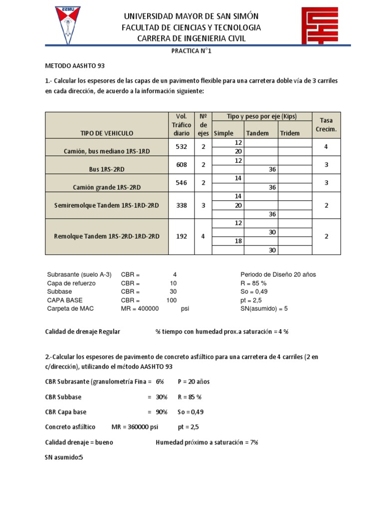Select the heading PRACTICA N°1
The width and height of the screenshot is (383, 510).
(191, 52)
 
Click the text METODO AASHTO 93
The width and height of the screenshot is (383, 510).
(75, 66)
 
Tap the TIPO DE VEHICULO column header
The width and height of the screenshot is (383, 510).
(107, 133)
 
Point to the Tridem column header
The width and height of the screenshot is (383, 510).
(290, 133)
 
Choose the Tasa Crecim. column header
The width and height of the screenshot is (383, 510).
(326, 125)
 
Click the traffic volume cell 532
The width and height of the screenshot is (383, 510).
(182, 147)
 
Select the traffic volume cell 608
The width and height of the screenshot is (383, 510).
(182, 165)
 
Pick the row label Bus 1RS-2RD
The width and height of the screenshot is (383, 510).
(107, 169)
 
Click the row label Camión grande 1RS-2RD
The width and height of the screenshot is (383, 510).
(107, 187)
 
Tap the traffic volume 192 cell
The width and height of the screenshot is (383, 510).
(182, 237)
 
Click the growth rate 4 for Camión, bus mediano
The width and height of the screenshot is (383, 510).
(326, 147)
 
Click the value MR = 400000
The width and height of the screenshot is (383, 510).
(140, 309)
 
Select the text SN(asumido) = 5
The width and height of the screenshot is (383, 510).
(264, 309)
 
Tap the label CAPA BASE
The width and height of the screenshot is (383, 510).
(65, 300)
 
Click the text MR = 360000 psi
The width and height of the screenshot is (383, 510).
(135, 427)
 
